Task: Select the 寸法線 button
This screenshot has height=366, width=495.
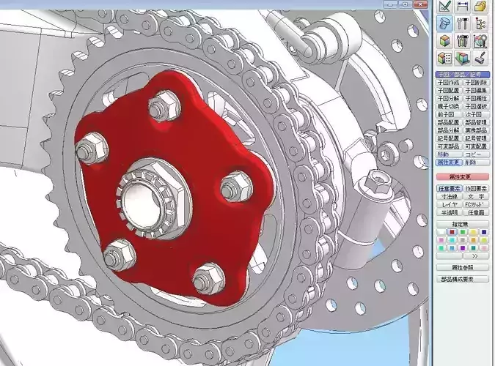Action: coord(449,196)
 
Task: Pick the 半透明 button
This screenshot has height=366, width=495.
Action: coord(449,212)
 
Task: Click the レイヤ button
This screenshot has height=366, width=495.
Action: coord(449,204)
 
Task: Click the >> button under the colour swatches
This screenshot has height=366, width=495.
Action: coord(474,256)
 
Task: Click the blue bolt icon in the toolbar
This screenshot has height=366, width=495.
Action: coord(444,23)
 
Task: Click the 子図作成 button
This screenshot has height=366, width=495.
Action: coord(449,83)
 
